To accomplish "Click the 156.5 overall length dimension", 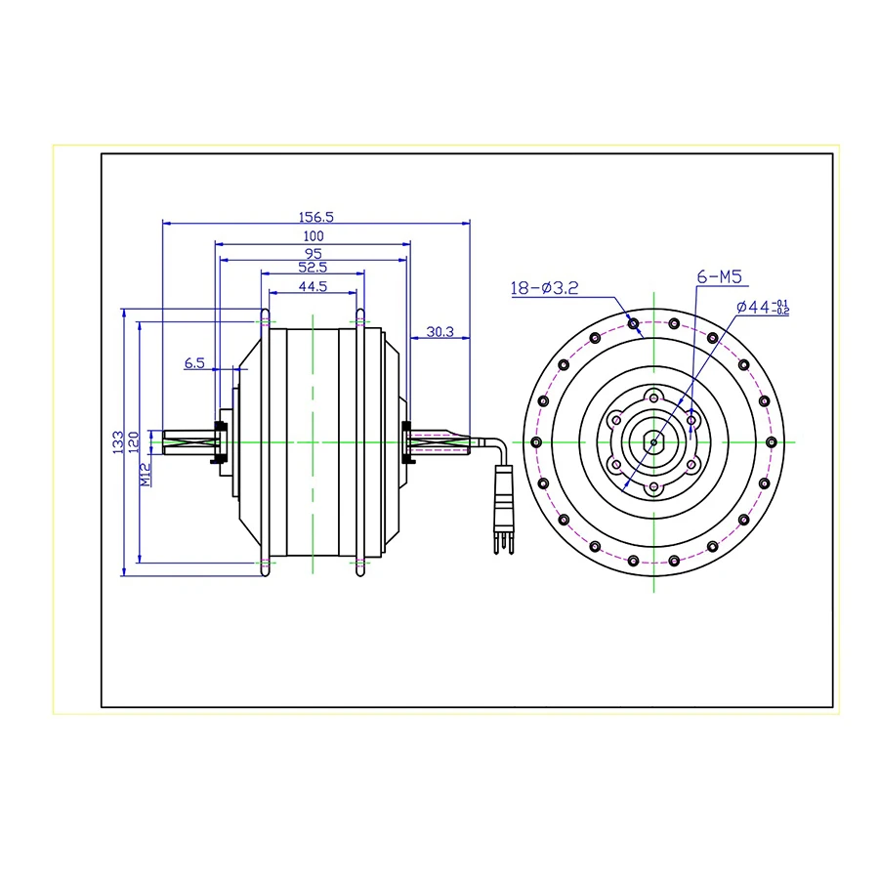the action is [315, 217].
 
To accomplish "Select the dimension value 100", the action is [314, 236].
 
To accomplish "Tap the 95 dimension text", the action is [313, 253].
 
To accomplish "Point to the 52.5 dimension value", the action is [313, 268].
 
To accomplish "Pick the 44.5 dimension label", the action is [313, 286].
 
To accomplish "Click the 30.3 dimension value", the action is [440, 332].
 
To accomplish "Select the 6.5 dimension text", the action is [194, 363].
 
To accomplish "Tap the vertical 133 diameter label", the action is [118, 442].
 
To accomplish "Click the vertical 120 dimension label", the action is [134, 442].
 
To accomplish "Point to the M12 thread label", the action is [146, 475].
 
